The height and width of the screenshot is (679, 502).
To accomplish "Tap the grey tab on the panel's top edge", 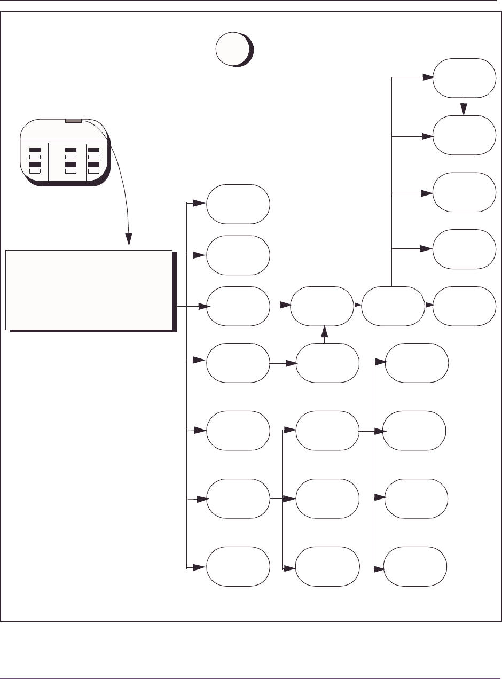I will [73, 121].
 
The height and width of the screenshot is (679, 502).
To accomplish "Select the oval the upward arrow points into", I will [321, 306].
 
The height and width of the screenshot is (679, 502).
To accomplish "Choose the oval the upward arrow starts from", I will [327, 363].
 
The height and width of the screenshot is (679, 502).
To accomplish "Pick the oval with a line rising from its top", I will [393, 306].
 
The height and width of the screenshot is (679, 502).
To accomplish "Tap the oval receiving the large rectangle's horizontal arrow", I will [238, 306].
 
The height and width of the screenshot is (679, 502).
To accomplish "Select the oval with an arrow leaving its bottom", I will [463, 78].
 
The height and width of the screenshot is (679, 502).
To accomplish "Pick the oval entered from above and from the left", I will [463, 136].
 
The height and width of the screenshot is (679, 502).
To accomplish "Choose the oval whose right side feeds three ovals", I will [238, 499].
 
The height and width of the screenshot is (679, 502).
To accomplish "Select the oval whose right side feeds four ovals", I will [327, 431].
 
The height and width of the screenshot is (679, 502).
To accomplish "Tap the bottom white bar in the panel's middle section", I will [70, 171].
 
